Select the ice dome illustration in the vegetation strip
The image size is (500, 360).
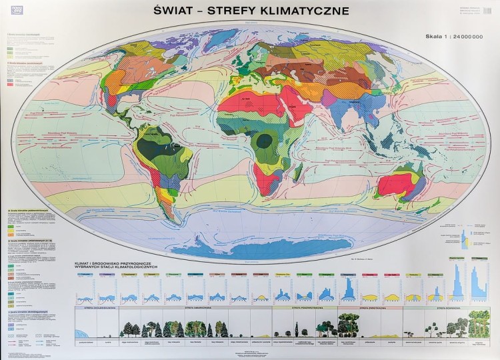pos(87,330)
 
